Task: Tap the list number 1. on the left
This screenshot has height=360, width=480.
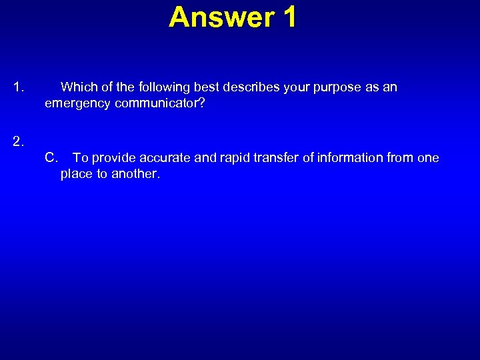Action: click(x=19, y=87)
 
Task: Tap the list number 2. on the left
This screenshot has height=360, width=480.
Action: click(x=19, y=141)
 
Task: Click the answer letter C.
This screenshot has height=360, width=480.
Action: click(x=51, y=158)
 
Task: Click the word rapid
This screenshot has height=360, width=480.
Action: click(x=234, y=158)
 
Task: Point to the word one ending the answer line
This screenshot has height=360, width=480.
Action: click(x=428, y=158)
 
